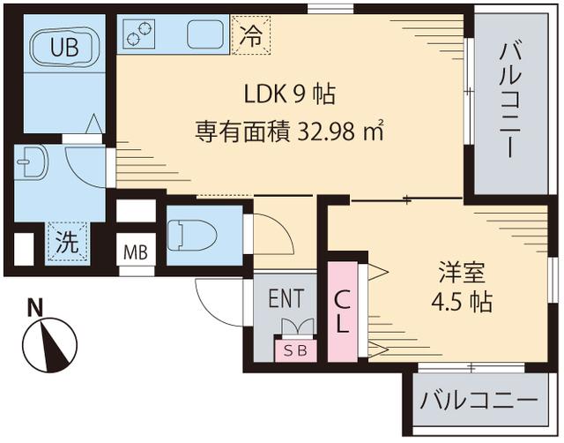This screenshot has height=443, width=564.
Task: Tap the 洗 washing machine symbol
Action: tap(67, 243)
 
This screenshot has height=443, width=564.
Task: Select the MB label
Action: tap(135, 252)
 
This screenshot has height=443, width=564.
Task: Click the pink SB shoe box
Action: tap(293, 349)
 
